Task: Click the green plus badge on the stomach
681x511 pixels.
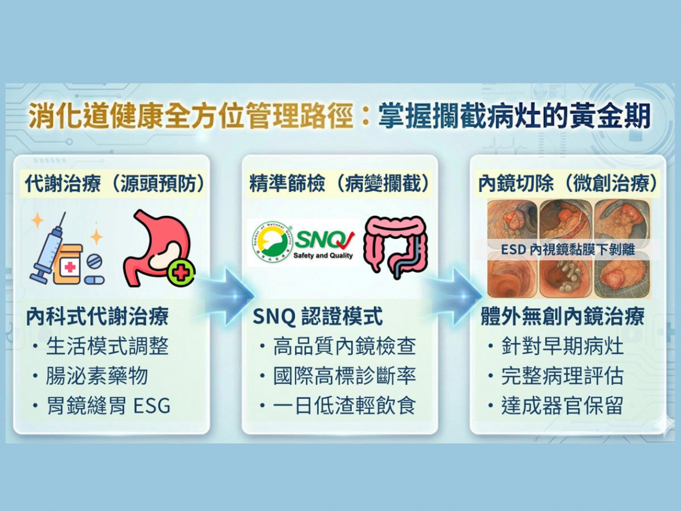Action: pos(179,273)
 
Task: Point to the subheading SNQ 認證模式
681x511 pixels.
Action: pos(317,317)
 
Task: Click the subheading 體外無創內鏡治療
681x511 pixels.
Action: pos(562,317)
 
